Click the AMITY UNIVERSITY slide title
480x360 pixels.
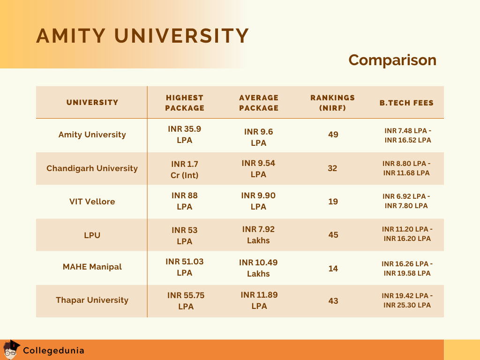142,36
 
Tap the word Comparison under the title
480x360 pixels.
392,60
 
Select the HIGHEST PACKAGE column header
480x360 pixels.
185,103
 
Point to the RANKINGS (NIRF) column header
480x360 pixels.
332,103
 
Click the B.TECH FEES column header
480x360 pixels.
406,103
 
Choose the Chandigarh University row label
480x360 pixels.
92,168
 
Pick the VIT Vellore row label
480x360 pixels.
92,202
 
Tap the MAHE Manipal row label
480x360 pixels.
92,267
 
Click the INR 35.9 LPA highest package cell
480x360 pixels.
185,135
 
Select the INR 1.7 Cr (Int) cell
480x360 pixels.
185,170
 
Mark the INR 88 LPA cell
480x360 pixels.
185,201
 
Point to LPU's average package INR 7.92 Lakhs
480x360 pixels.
258,235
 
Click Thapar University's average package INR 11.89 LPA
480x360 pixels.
259,300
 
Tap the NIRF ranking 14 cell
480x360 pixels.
333,269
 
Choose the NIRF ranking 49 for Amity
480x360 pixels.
333,135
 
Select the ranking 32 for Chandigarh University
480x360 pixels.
332,168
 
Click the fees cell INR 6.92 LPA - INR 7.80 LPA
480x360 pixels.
406,201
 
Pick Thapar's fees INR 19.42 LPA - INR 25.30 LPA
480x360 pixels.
407,300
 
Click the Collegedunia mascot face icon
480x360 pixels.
11,350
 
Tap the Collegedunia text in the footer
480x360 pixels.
53,350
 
